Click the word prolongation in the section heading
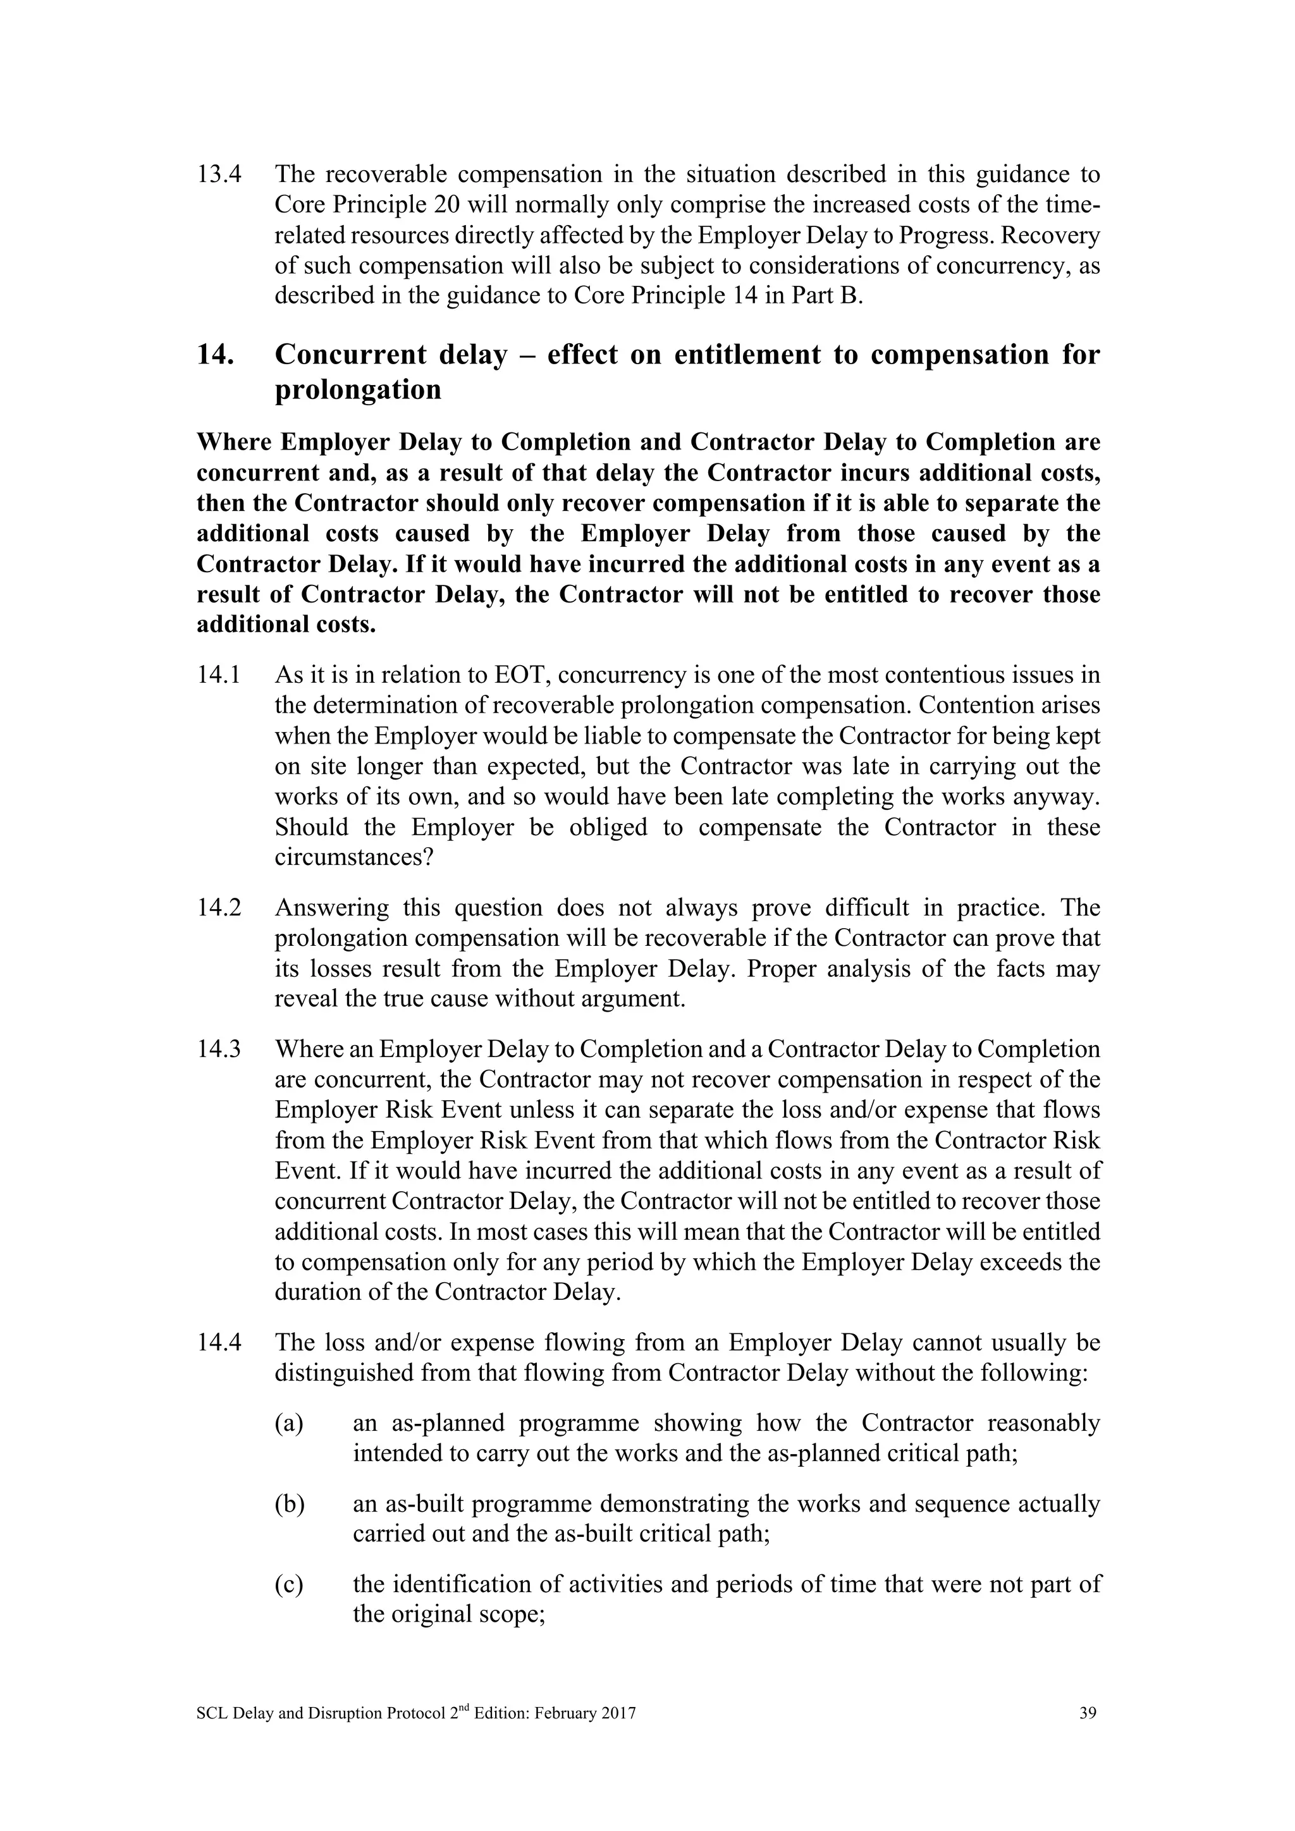358,390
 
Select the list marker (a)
289,1423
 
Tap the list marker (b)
290,1505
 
